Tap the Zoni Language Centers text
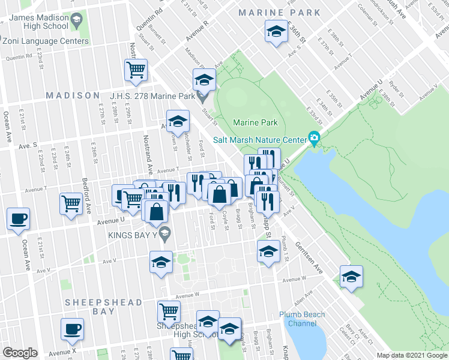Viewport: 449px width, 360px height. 46,41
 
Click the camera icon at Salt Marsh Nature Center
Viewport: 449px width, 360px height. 313,139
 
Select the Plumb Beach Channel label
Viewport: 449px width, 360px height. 302,319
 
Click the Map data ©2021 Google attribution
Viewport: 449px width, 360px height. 412,355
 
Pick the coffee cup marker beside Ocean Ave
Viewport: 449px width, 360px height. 17,218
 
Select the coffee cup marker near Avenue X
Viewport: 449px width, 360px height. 72,329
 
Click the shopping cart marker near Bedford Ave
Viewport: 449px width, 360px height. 71,203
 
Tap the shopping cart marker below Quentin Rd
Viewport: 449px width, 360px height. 136,69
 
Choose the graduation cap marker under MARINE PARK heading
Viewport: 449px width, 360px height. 275,31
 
